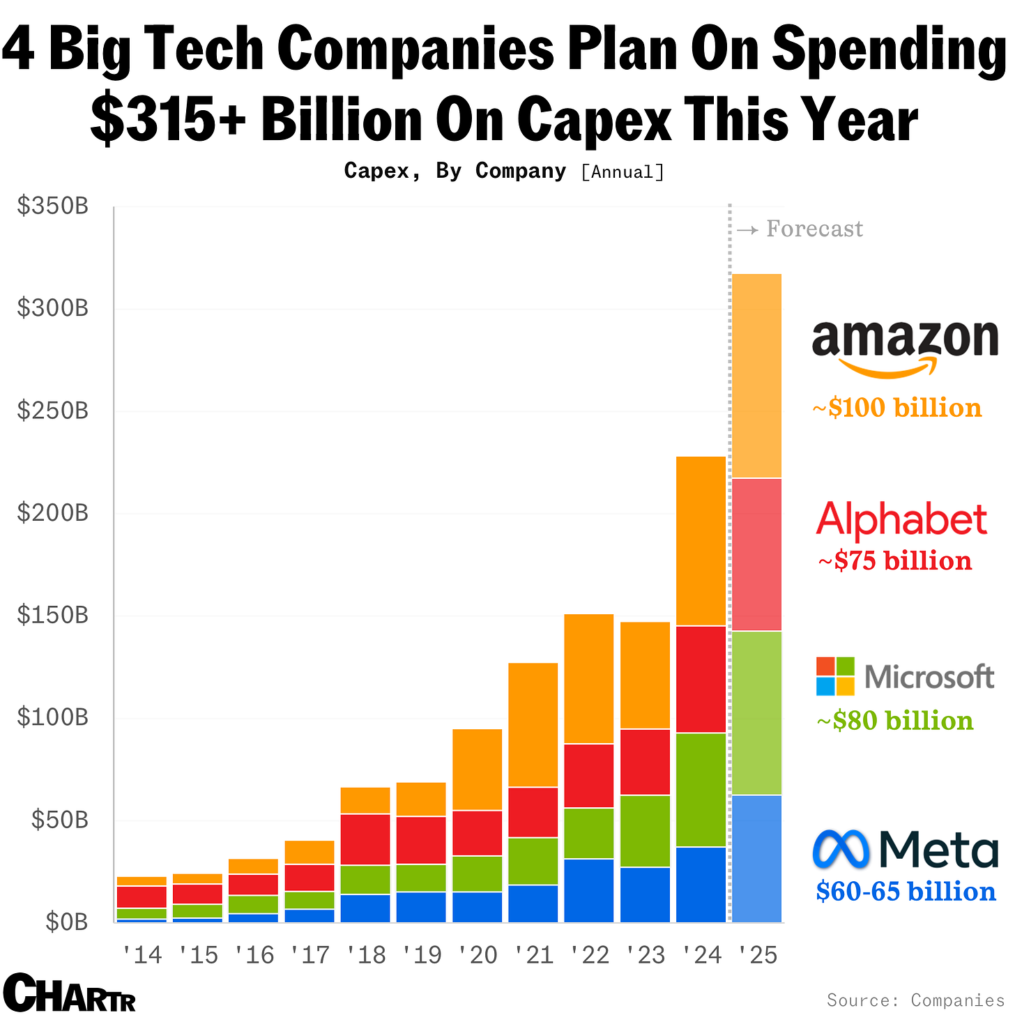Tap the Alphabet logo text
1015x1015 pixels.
pos(901,520)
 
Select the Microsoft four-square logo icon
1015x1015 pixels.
pos(835,676)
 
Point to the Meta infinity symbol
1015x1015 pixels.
pos(841,849)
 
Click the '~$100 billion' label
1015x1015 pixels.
pos(897,408)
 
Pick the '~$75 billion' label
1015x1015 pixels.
pos(894,561)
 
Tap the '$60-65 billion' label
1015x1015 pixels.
pos(906,892)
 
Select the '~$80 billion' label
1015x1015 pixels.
pos(894,721)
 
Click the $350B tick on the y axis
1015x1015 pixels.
pos(53,206)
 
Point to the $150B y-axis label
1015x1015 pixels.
pos(53,616)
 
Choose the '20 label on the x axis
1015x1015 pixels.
pos(478,955)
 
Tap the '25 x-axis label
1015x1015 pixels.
pos(757,955)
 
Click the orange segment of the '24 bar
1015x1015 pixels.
pos(701,541)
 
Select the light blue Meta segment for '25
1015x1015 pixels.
pos(757,859)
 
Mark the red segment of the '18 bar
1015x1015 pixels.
pos(365,839)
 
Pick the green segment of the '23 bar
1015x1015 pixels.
pos(645,831)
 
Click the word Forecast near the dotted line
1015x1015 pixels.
pos(814,229)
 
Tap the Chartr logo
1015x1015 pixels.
pos(69,993)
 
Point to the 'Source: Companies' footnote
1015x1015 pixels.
pos(915,1000)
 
